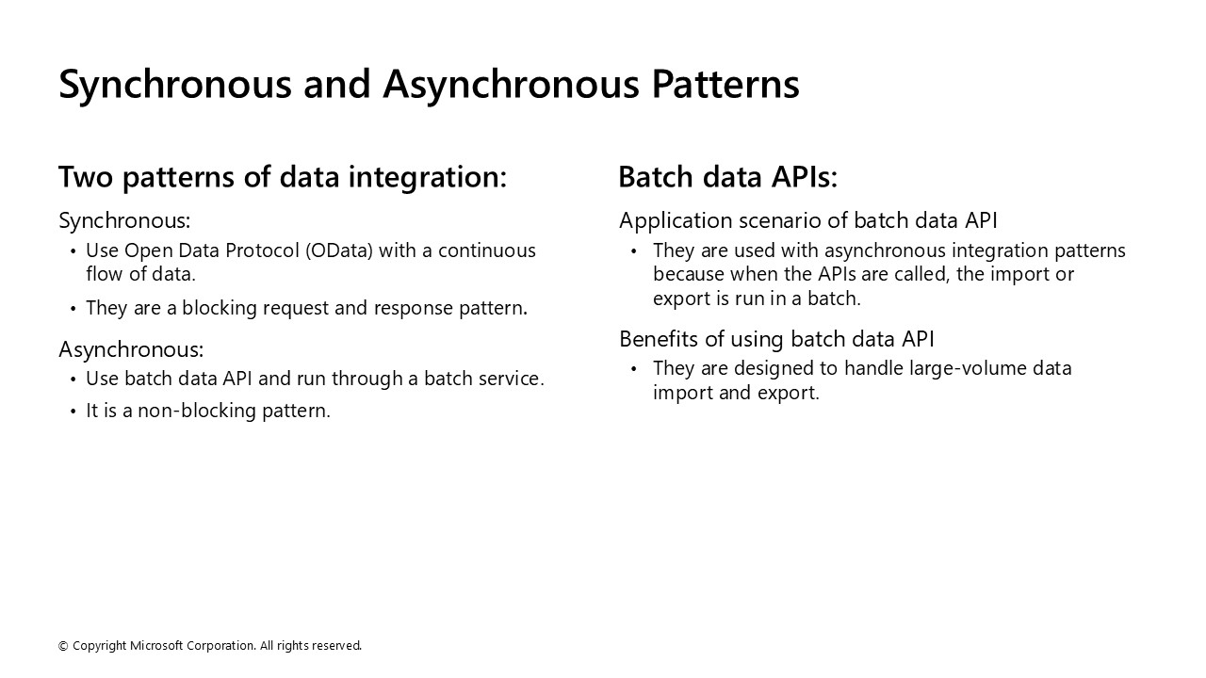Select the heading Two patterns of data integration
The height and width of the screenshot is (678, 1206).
[282, 177]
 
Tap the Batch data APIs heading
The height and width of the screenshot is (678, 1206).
[727, 177]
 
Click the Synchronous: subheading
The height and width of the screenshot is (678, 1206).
[124, 220]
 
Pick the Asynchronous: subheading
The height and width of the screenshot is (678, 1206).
[131, 349]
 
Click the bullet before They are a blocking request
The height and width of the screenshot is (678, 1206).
[73, 309]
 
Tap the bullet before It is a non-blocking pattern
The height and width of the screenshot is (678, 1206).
[73, 412]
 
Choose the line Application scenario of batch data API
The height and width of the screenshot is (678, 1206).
[807, 220]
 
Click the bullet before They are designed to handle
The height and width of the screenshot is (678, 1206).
[634, 369]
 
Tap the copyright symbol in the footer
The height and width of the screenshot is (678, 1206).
[63, 646]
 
